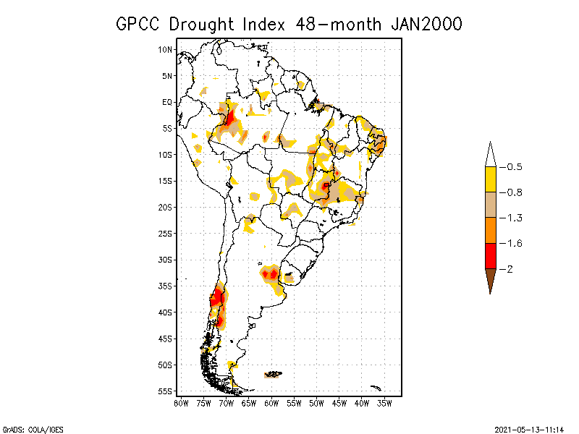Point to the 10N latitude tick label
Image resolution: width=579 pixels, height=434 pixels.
(x=165, y=49)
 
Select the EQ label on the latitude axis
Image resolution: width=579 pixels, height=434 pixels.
(x=167, y=102)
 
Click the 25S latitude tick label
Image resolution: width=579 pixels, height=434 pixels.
(x=165, y=233)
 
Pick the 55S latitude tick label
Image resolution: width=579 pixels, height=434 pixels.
(x=165, y=391)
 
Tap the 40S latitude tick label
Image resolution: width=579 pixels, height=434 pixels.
(x=165, y=312)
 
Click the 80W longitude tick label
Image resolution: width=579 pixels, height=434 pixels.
(x=181, y=402)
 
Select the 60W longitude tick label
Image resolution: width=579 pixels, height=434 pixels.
(x=271, y=402)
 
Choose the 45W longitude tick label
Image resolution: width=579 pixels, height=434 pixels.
(x=339, y=402)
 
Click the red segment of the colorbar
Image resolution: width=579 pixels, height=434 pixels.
(x=491, y=255)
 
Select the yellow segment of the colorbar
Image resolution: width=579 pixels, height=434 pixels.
(x=491, y=179)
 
